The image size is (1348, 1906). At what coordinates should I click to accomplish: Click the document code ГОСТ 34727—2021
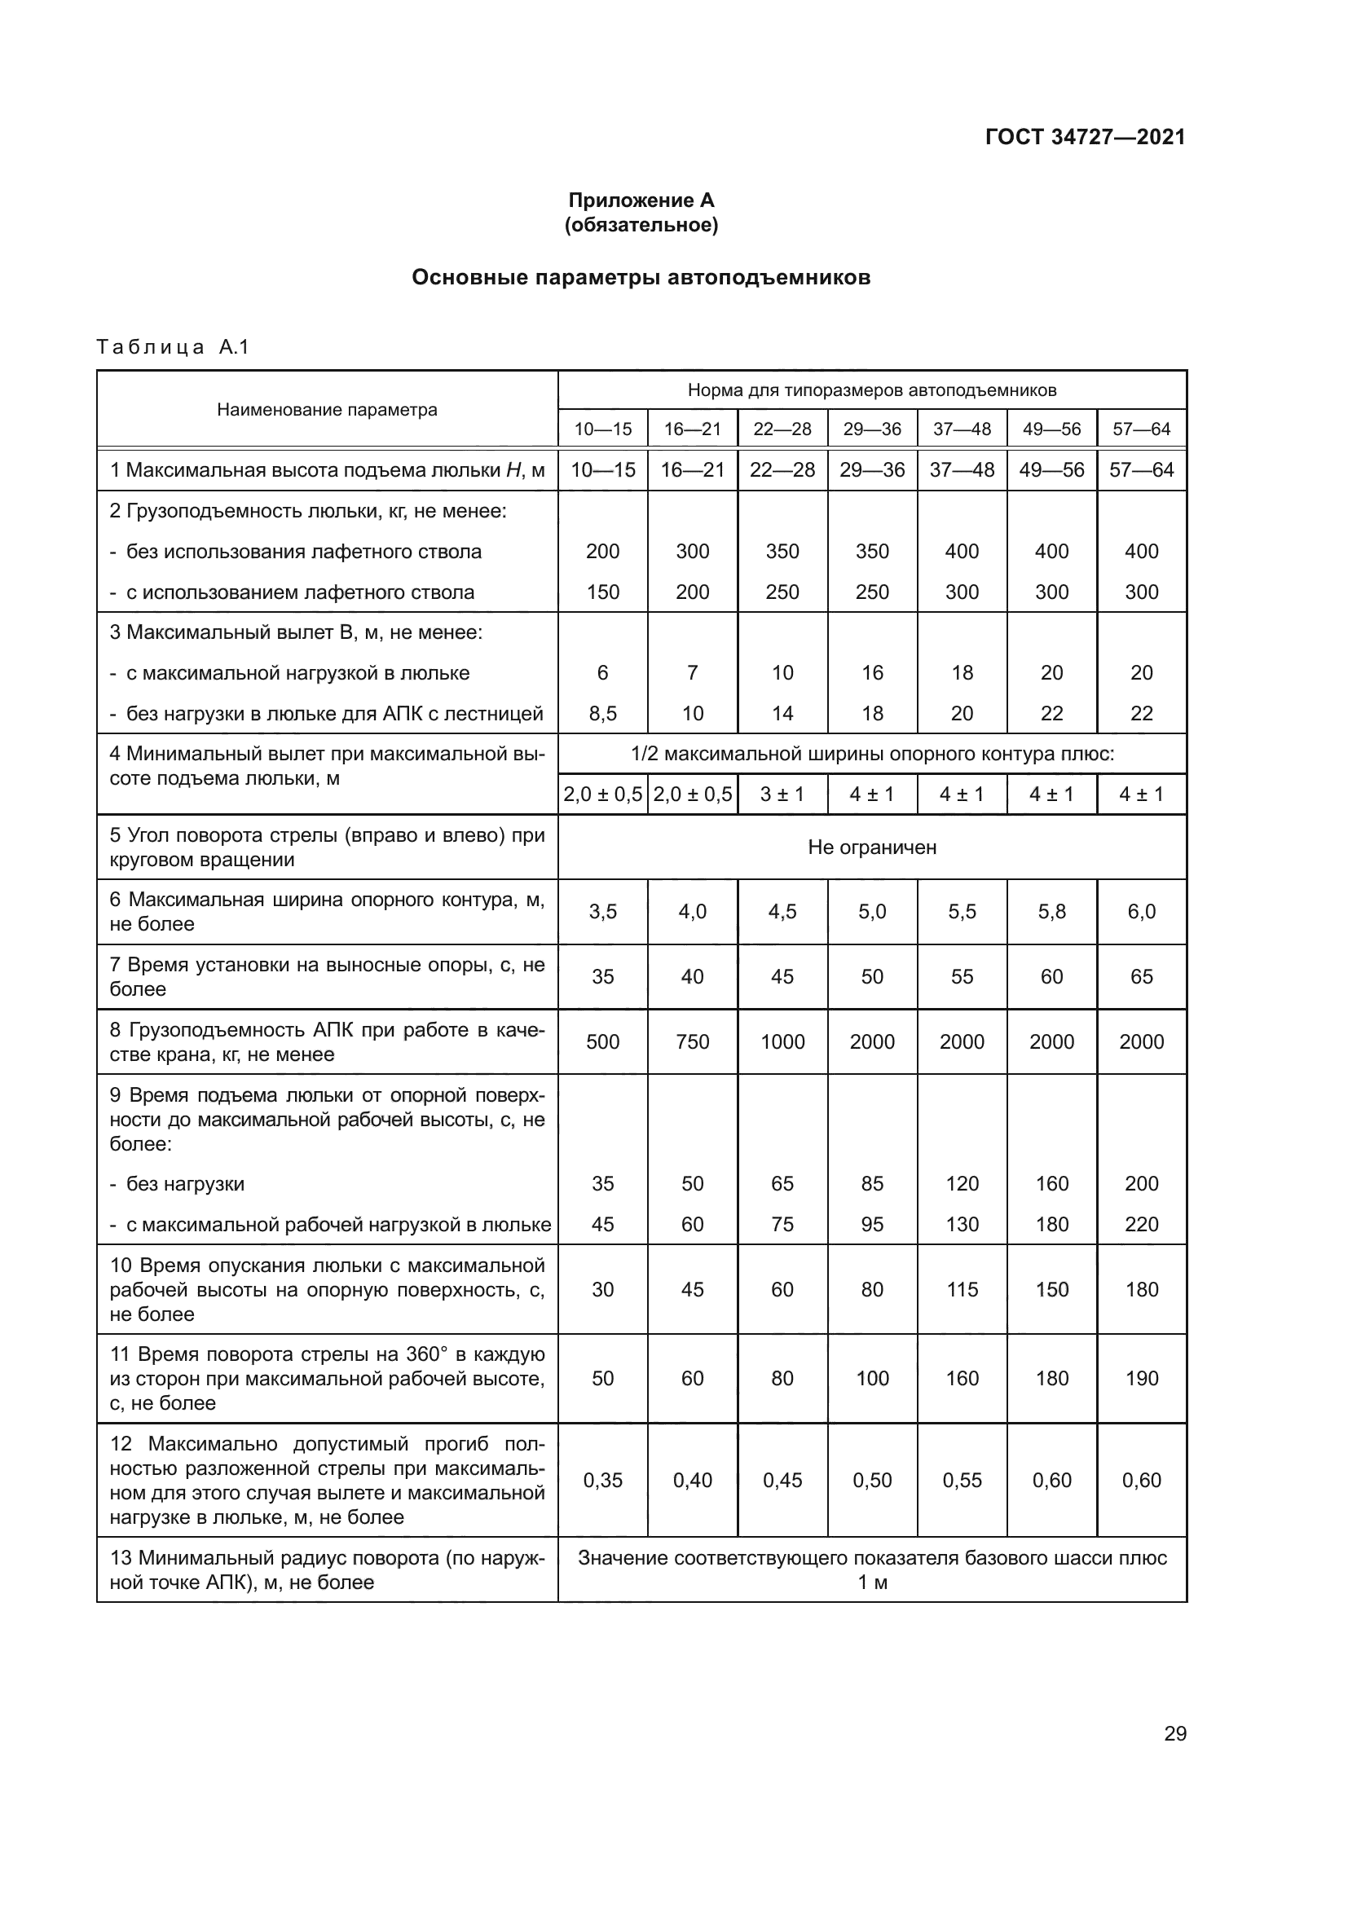click(x=1085, y=137)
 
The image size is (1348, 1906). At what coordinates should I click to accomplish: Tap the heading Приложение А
click(x=641, y=200)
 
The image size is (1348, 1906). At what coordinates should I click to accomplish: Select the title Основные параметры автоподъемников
click(x=641, y=277)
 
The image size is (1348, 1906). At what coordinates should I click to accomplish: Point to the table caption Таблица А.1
click(x=173, y=347)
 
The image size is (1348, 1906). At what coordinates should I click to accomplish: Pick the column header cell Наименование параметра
click(x=327, y=409)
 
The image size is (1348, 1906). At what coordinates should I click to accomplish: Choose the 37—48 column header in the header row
click(x=962, y=429)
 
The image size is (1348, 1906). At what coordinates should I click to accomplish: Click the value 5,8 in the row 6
click(x=1051, y=912)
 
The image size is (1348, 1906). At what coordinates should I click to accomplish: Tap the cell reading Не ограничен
click(x=871, y=847)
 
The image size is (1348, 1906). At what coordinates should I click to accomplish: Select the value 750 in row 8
click(x=692, y=1042)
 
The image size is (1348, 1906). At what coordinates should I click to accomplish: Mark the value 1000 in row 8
click(x=782, y=1042)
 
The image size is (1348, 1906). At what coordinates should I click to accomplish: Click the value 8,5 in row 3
click(x=602, y=713)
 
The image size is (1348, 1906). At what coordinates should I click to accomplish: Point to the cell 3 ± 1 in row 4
click(x=782, y=795)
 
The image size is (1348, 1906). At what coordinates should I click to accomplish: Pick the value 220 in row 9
click(x=1141, y=1225)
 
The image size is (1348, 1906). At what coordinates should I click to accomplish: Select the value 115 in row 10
click(x=962, y=1289)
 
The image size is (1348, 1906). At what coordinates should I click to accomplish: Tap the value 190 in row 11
click(x=1141, y=1378)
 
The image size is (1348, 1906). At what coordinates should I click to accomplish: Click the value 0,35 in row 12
click(x=602, y=1480)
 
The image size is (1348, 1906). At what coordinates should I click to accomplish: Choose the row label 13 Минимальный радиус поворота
click(x=327, y=1569)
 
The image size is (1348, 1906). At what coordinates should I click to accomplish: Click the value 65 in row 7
click(x=1141, y=977)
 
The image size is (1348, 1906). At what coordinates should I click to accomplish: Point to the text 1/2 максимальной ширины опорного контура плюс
click(x=871, y=754)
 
